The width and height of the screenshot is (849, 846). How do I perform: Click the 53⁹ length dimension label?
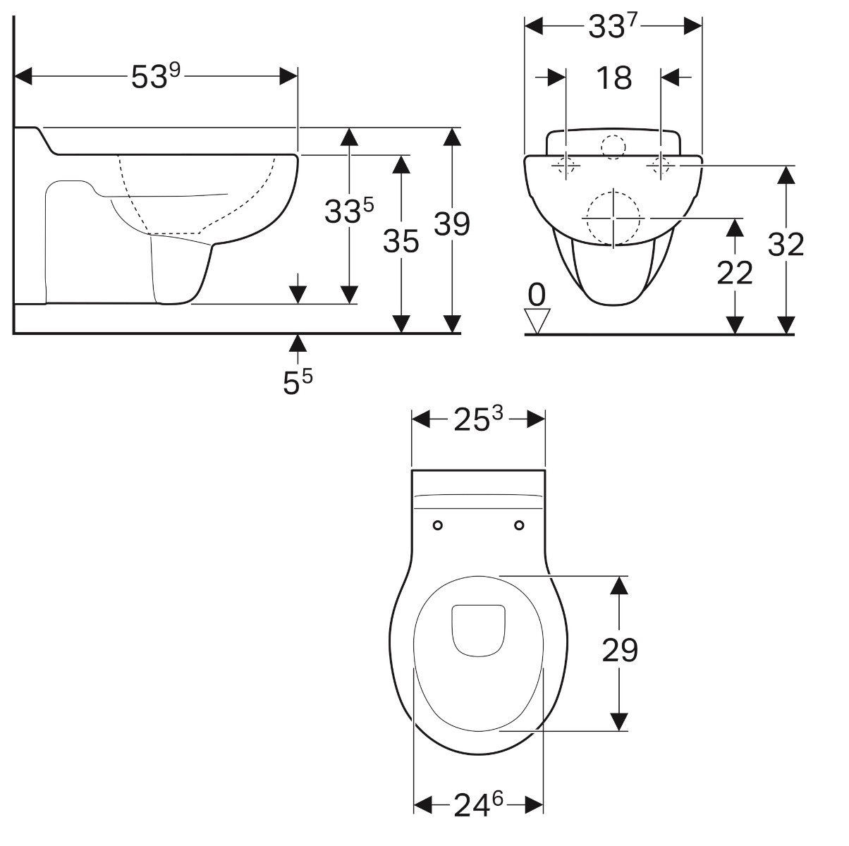[x=156, y=76]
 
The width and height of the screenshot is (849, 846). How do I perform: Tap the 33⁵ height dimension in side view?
[x=349, y=210]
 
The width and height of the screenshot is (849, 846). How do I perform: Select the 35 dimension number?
[x=401, y=241]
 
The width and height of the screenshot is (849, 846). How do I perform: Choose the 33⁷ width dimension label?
[x=613, y=27]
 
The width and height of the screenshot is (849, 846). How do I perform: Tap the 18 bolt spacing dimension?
[x=613, y=78]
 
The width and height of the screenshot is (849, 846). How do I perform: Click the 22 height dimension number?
[x=735, y=273]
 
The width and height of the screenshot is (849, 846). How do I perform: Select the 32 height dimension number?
[x=786, y=245]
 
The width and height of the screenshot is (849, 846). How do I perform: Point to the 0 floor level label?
[x=537, y=295]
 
